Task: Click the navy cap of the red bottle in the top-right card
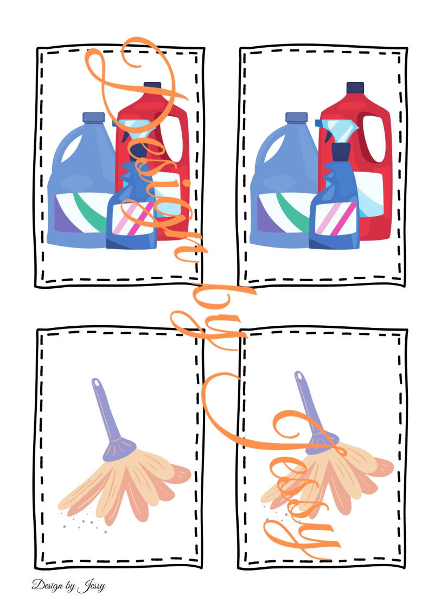coord(355,87)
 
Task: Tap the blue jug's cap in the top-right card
coord(296,117)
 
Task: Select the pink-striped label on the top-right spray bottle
coord(336,218)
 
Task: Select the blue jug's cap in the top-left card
coord(93,117)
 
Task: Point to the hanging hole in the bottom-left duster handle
coord(96,383)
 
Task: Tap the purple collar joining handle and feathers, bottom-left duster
coord(119,449)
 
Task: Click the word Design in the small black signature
coord(47,585)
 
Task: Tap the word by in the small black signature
coord(71,587)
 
